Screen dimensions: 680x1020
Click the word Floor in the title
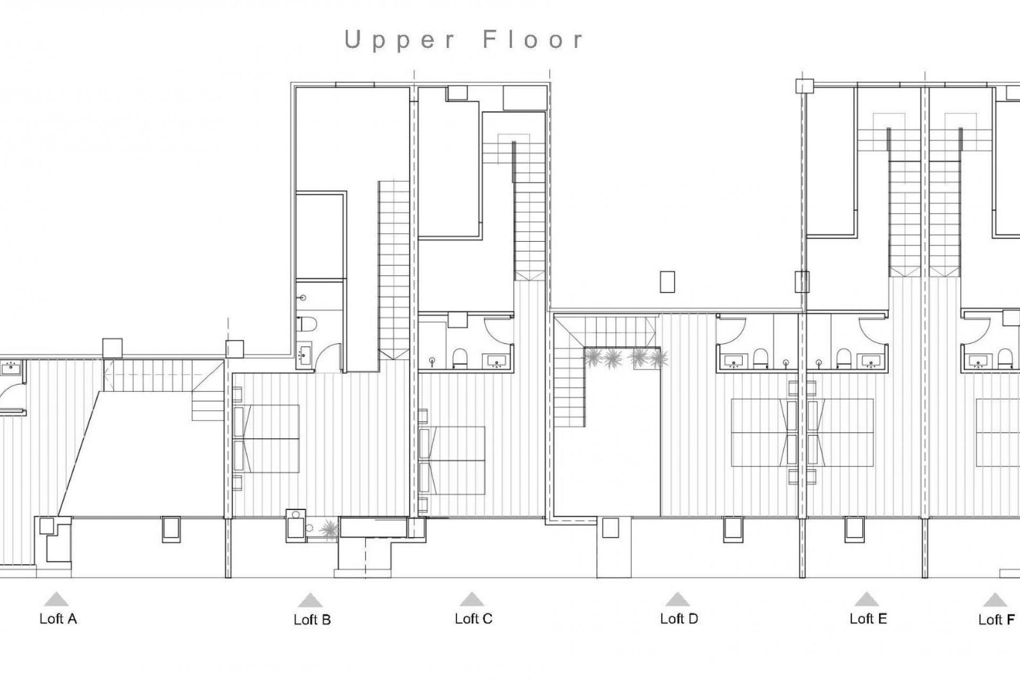(x=533, y=40)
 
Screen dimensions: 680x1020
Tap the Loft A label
(x=58, y=619)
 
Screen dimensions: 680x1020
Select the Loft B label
(x=312, y=620)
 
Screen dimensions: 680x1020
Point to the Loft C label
(x=473, y=619)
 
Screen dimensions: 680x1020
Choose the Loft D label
(x=678, y=619)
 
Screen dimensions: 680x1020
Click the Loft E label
(x=868, y=619)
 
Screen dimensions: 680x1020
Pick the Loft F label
(x=996, y=620)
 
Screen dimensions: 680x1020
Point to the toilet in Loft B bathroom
(x=308, y=323)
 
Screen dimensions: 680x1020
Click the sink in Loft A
(x=11, y=367)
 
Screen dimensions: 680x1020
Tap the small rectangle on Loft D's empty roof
(x=667, y=282)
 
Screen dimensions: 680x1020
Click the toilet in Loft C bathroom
(x=460, y=358)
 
